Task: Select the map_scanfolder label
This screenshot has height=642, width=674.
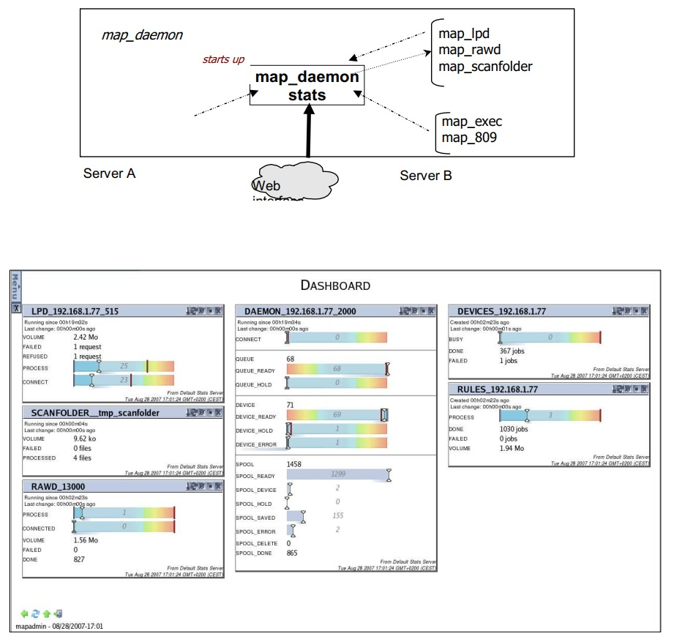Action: [x=485, y=67]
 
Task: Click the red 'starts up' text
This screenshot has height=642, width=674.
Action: [x=223, y=59]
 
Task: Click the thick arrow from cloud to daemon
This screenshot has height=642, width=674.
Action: [x=308, y=132]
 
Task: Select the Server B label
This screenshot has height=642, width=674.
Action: [x=425, y=176]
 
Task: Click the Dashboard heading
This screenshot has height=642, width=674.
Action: [x=335, y=285]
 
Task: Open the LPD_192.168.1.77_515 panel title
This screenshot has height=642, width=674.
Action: [x=75, y=311]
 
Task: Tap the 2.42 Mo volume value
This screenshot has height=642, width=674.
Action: [x=86, y=337]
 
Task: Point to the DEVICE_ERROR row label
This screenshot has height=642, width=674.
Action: [x=256, y=444]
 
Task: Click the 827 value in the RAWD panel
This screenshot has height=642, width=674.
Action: [x=80, y=560]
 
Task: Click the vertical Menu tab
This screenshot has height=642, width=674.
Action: [x=15, y=287]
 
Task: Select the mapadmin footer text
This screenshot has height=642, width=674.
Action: [x=60, y=627]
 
